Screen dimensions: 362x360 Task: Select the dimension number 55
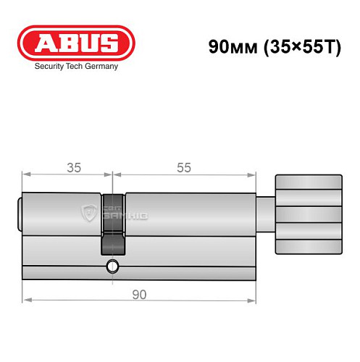click(184, 167)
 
